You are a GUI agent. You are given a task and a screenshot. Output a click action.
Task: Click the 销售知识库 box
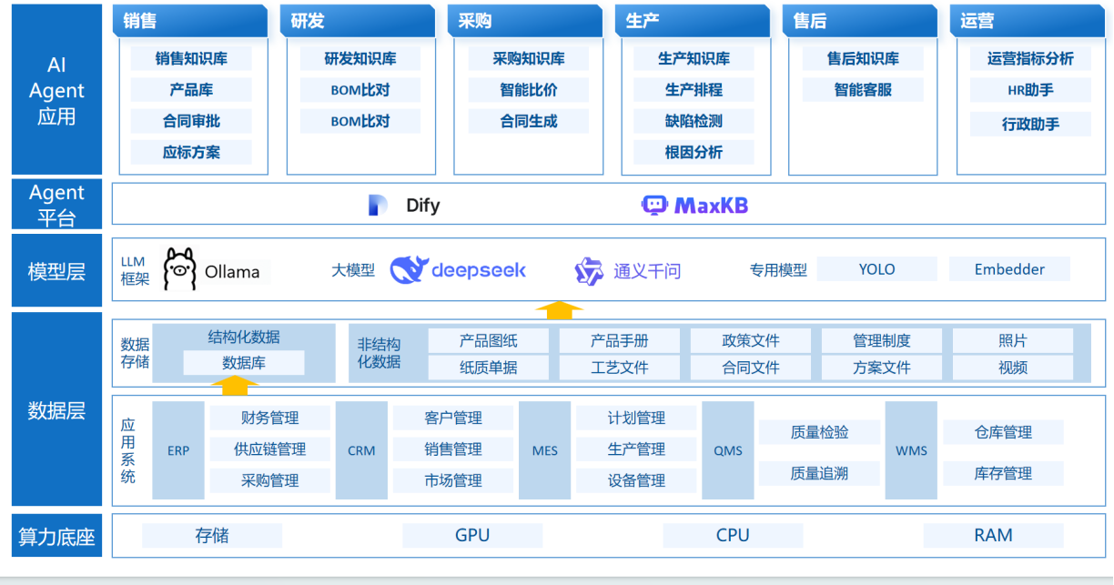point(191,59)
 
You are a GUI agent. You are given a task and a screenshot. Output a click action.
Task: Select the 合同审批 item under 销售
point(191,121)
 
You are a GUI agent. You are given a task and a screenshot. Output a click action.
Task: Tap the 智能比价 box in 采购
point(529,90)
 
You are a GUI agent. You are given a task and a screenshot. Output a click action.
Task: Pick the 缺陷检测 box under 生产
point(694,121)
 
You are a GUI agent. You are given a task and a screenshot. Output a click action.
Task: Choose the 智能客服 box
point(863,90)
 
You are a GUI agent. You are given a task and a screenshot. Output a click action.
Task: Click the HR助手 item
point(1030,90)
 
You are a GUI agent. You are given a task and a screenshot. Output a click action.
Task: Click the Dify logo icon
point(378,206)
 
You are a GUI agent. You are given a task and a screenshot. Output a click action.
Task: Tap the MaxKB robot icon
point(654,206)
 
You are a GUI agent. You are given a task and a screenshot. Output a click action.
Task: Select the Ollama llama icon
point(180,269)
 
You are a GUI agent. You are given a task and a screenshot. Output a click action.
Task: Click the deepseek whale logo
point(410,269)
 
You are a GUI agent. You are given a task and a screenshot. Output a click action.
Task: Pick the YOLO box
point(876,269)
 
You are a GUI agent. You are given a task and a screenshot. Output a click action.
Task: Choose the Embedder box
point(1009,269)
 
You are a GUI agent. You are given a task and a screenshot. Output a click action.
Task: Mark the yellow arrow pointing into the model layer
point(559,310)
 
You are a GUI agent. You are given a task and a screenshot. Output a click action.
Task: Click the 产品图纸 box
point(489,341)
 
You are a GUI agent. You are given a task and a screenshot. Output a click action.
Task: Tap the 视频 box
point(1013,368)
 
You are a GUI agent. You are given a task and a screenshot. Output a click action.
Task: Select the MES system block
point(545,450)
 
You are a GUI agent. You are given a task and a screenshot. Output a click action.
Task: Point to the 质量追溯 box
point(819,473)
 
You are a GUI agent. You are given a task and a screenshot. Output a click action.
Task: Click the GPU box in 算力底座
point(472,536)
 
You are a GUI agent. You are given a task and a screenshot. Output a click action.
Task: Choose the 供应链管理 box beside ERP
point(269,449)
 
